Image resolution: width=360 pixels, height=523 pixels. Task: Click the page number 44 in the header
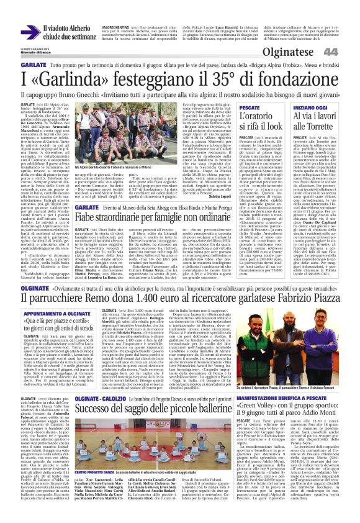click(x=347, y=52)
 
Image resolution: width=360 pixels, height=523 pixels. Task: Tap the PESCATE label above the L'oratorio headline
click(x=250, y=108)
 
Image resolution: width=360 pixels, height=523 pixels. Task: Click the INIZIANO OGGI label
click(x=310, y=108)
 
